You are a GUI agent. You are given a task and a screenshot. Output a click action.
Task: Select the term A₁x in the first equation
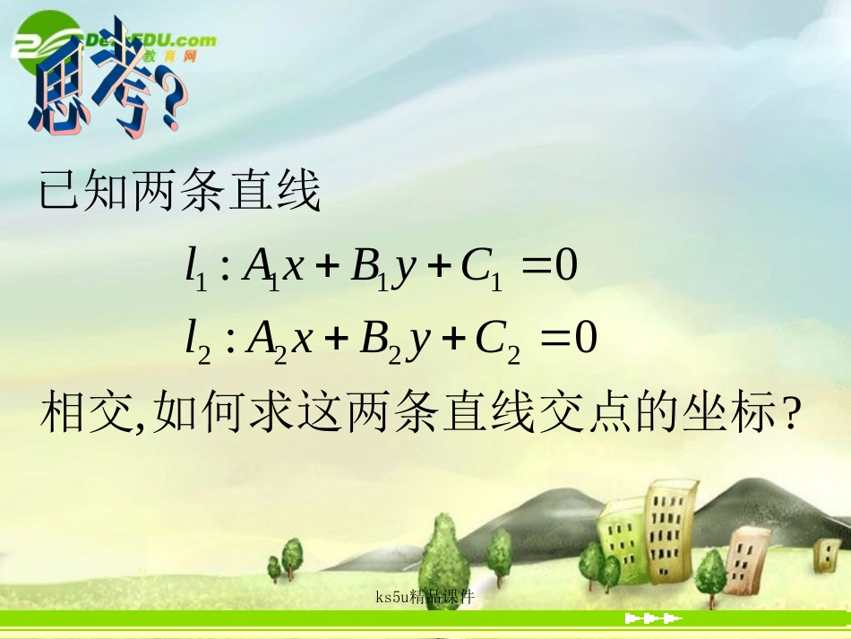[x=275, y=269]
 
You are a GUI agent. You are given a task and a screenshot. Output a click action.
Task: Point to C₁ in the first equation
[x=480, y=270]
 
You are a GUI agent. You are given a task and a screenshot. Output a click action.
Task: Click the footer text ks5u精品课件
[x=425, y=596]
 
